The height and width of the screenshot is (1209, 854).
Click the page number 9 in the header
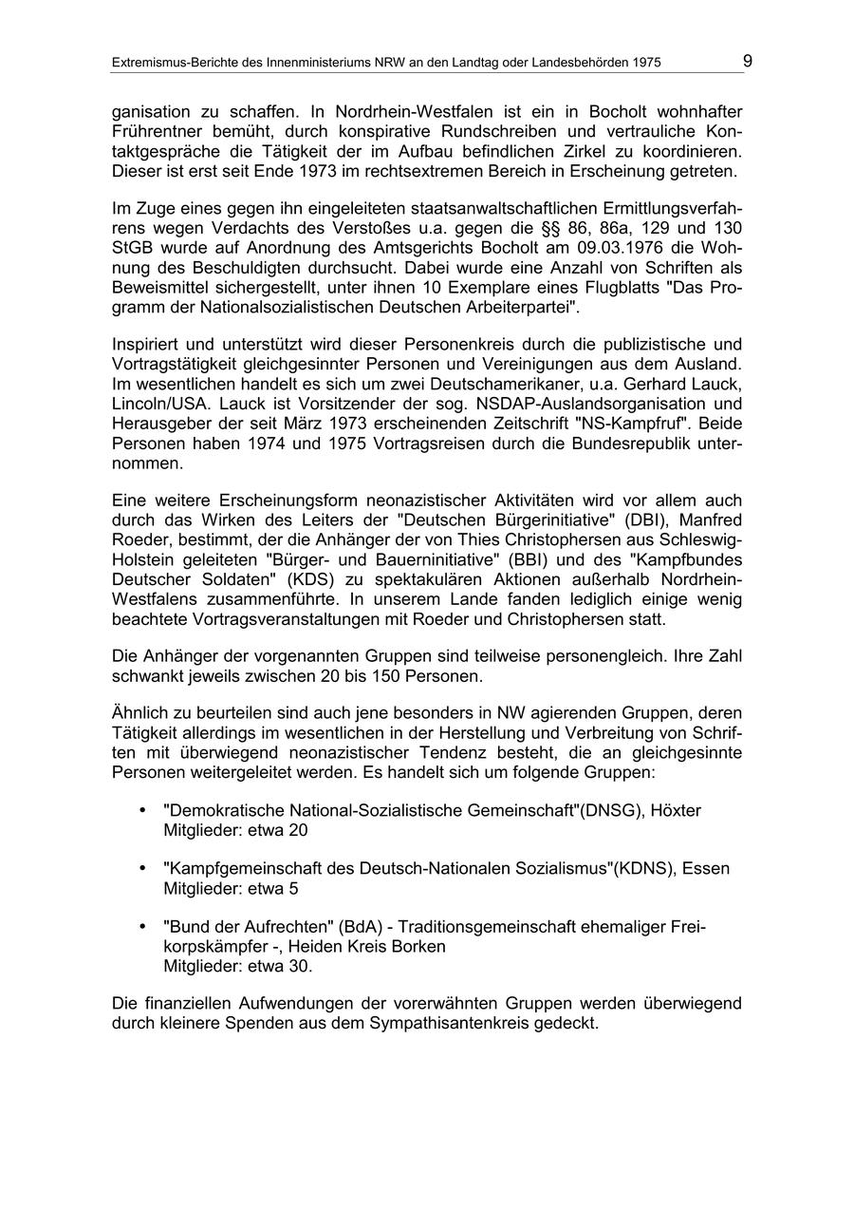pos(748,62)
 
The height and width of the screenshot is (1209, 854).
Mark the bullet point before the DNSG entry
pos(142,810)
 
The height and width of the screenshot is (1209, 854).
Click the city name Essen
pos(706,869)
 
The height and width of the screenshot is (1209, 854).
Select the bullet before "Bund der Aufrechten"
pos(142,927)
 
